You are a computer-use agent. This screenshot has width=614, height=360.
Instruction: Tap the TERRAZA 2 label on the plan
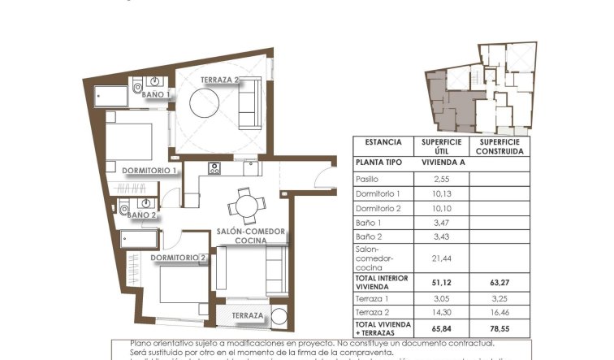[220, 80]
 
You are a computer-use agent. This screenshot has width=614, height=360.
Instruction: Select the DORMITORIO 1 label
[149, 171]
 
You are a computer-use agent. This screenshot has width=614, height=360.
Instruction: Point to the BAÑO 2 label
[142, 215]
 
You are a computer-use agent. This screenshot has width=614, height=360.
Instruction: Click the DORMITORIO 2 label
[179, 258]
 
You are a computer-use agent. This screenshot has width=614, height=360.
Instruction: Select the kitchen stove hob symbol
[215, 169]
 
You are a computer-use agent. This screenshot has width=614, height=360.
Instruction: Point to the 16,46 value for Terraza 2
[499, 313]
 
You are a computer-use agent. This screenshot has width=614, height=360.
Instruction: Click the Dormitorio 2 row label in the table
[378, 208]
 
